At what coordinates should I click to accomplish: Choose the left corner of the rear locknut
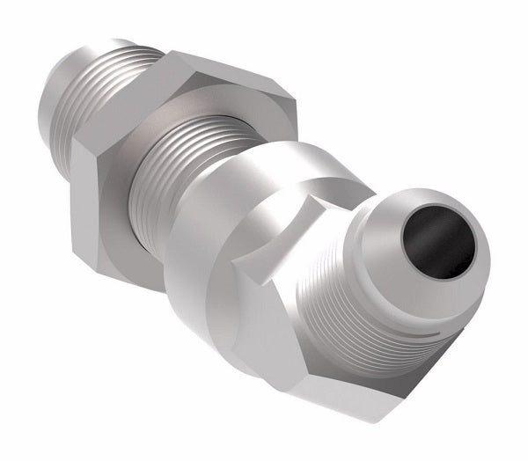84,145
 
